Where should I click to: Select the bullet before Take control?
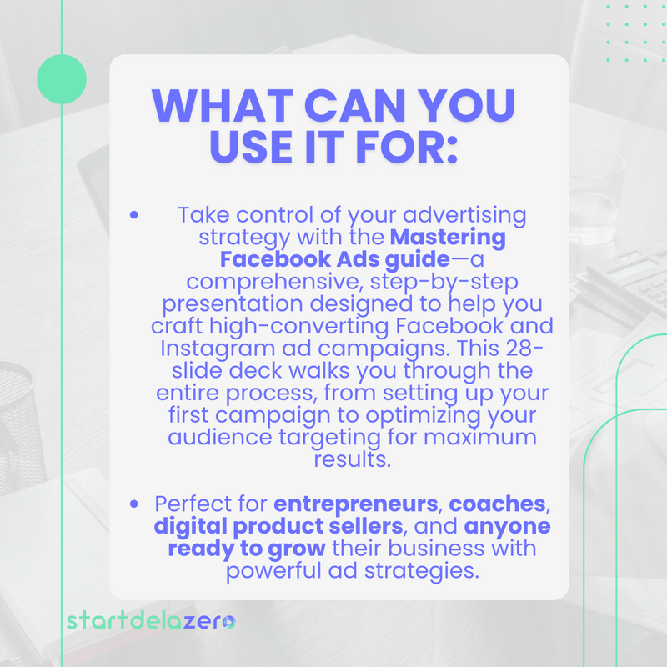134,215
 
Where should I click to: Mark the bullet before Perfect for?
134,505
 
